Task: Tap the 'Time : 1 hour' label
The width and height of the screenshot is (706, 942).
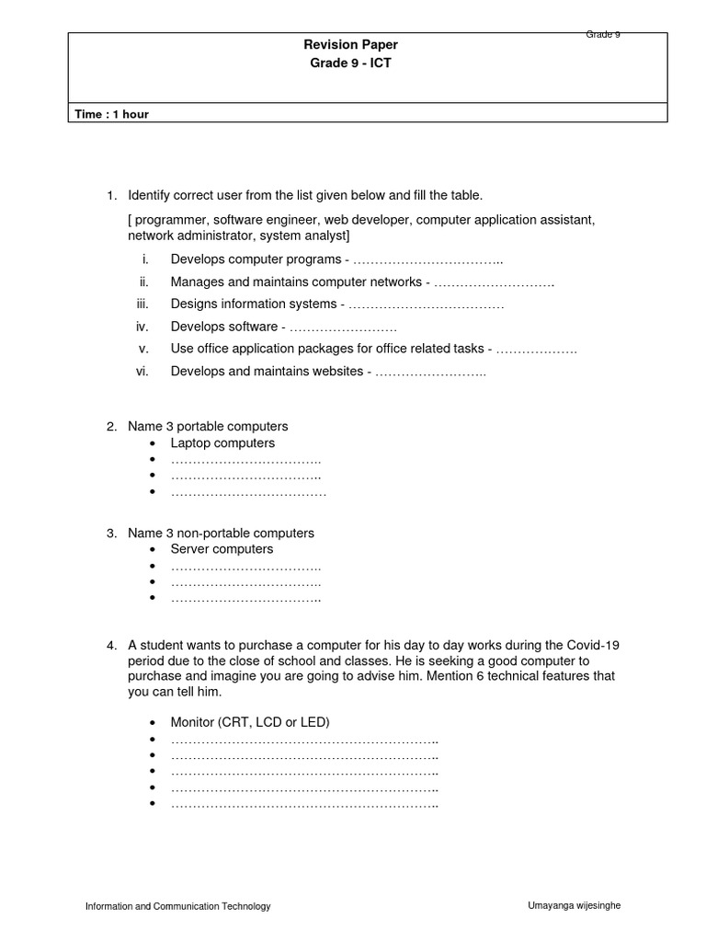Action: [x=112, y=114]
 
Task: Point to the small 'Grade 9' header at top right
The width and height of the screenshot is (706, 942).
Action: [x=603, y=34]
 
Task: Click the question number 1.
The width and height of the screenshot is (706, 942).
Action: [x=111, y=195]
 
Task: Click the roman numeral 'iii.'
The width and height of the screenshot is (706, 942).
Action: [x=142, y=304]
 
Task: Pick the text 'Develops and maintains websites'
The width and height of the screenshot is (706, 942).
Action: [x=267, y=372]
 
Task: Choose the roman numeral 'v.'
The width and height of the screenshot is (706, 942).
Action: [x=143, y=349]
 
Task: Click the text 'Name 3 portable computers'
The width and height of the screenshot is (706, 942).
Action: [x=208, y=427]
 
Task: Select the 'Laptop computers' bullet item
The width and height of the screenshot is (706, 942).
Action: [x=222, y=443]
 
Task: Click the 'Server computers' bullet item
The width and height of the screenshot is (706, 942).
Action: [x=222, y=549]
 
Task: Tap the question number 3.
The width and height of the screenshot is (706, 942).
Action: [x=111, y=534]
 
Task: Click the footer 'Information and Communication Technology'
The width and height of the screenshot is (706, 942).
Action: [x=177, y=906]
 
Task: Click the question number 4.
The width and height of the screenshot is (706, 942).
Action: [x=111, y=646]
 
